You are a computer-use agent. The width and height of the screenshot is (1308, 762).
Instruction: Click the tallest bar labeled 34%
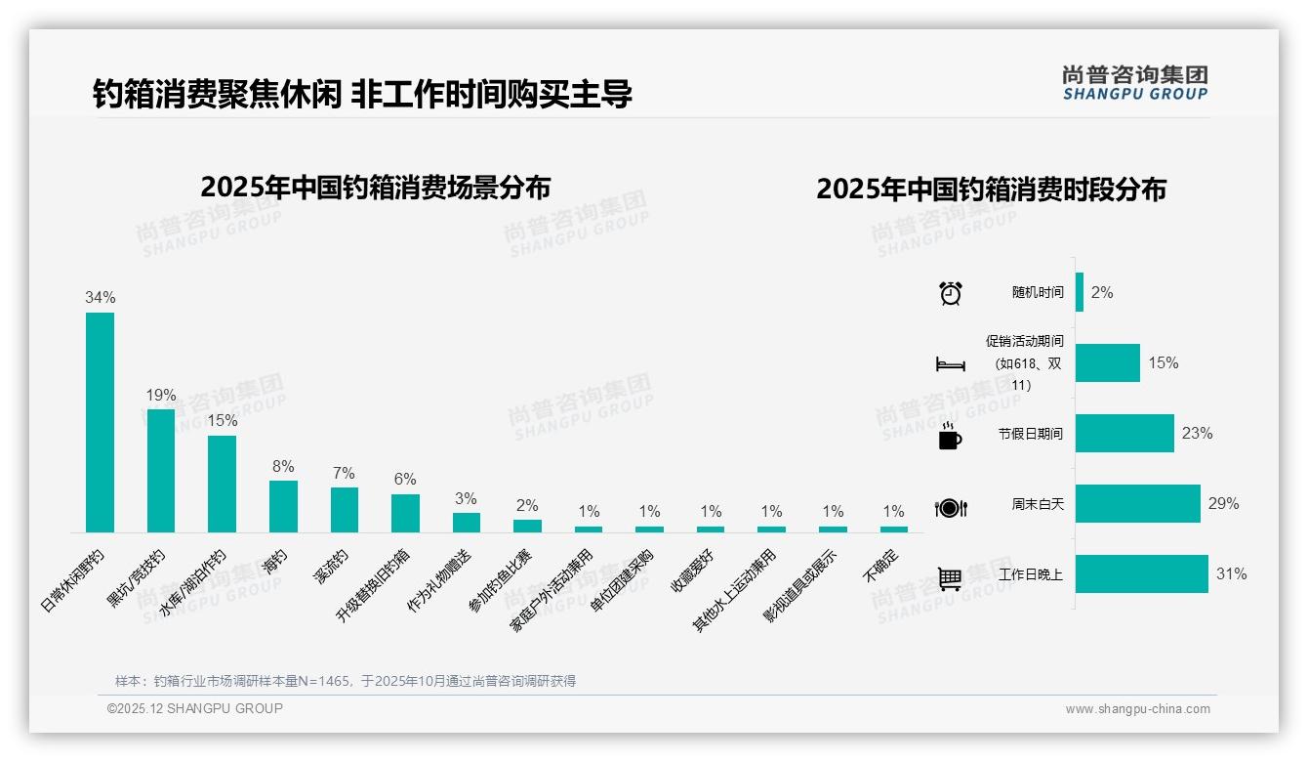(100, 422)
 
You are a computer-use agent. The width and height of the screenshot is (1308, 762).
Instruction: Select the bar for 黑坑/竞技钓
(161, 470)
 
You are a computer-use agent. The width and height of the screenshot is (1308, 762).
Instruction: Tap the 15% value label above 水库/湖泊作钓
(222, 420)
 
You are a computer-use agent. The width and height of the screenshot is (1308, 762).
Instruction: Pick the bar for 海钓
(283, 506)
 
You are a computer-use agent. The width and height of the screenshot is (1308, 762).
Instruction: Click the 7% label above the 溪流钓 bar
(344, 473)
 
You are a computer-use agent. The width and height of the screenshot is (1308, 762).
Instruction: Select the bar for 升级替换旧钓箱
(405, 513)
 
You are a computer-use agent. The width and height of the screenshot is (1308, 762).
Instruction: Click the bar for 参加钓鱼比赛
(527, 526)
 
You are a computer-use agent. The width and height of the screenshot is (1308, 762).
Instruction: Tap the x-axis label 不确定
(880, 566)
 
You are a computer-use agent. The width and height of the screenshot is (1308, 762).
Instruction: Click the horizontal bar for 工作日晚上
(1141, 574)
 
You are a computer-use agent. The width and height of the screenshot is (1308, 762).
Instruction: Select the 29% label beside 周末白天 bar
(1223, 503)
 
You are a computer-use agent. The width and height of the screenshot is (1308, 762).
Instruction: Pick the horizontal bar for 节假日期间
(1124, 433)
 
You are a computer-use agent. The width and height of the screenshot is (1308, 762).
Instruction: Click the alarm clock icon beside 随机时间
(950, 293)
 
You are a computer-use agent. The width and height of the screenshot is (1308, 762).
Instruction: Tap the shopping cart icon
(949, 578)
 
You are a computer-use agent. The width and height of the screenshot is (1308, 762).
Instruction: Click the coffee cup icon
(949, 437)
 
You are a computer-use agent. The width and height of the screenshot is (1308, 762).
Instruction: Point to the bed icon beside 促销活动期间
(950, 364)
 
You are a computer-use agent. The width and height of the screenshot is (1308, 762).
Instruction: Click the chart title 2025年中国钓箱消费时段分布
(991, 189)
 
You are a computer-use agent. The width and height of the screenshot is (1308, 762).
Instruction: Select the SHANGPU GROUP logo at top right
(1134, 83)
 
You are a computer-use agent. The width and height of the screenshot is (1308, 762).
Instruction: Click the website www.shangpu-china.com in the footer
(1137, 709)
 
